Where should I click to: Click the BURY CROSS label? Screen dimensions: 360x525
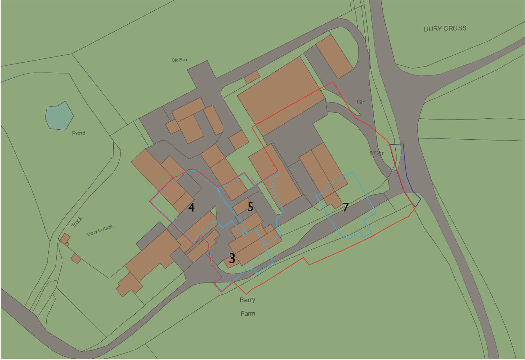point(445,28)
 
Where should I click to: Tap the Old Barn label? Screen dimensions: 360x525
point(180,60)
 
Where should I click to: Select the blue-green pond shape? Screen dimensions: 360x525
point(59,115)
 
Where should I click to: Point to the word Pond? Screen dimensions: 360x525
point(79,133)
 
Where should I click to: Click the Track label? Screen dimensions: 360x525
point(77,222)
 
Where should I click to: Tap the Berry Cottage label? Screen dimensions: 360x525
point(100,230)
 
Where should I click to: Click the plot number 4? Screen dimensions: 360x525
point(191,207)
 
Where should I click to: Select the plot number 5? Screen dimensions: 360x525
point(250,207)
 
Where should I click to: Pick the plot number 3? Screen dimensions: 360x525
point(232,258)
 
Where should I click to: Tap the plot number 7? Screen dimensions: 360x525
point(346,207)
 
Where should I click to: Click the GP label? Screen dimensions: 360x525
point(360,102)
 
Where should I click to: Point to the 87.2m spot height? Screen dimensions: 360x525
point(377,153)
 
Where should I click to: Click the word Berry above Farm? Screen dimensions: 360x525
point(247,300)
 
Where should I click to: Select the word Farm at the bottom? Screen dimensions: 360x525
point(248,314)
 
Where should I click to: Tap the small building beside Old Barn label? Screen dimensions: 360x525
point(252,77)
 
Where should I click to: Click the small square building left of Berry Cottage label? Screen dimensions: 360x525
point(76,258)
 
